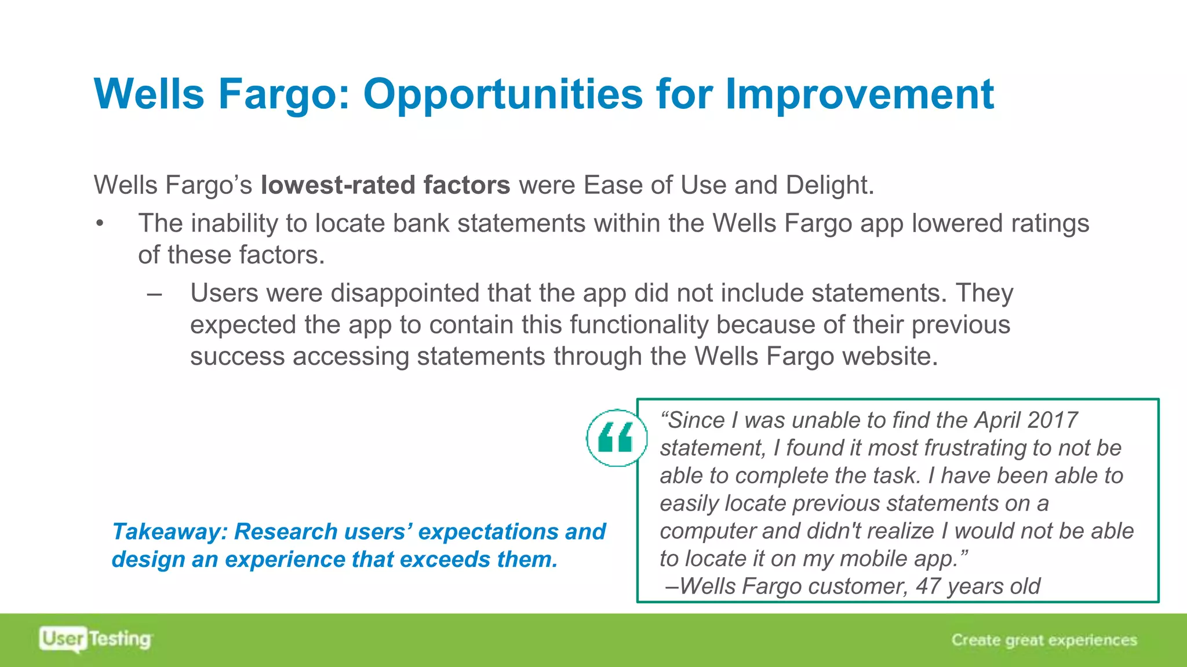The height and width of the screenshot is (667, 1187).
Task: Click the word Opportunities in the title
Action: [x=503, y=94]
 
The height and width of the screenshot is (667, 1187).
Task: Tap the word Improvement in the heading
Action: [x=860, y=94]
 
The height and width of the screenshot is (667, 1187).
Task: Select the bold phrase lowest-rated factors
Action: [x=385, y=185]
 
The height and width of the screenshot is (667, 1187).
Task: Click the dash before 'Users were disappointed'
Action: [x=154, y=294]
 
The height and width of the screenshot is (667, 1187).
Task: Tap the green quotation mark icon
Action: [x=616, y=438]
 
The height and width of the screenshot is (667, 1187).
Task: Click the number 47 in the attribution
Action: [x=928, y=587]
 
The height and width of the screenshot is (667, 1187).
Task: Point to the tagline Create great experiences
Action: [x=1044, y=640]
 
